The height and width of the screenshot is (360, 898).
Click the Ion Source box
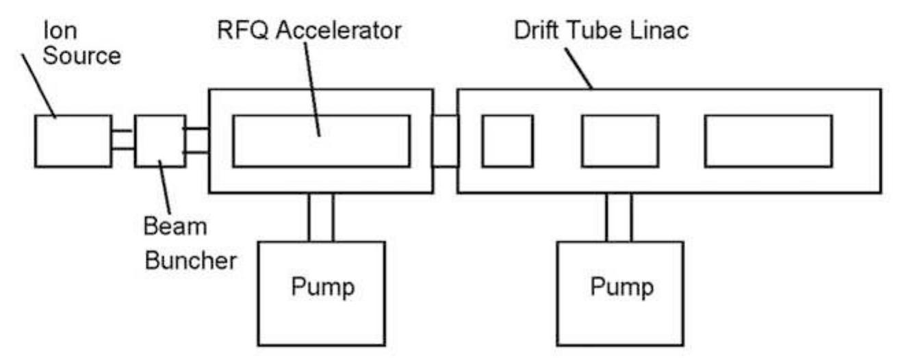73,141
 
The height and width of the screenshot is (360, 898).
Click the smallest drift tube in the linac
507,141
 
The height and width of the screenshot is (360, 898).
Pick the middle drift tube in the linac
619,141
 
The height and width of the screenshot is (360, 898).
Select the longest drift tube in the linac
768,141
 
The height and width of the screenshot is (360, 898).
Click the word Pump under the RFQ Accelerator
322,286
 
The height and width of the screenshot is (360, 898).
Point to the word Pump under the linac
621,286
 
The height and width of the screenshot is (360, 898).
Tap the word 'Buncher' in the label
190,261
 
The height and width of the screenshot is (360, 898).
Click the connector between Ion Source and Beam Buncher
123,140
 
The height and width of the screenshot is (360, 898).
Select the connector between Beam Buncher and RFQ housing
196,140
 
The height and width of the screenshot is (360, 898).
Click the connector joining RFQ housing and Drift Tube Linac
445,141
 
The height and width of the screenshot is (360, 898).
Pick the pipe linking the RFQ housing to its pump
321,217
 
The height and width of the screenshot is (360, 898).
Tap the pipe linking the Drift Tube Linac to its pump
619,217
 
